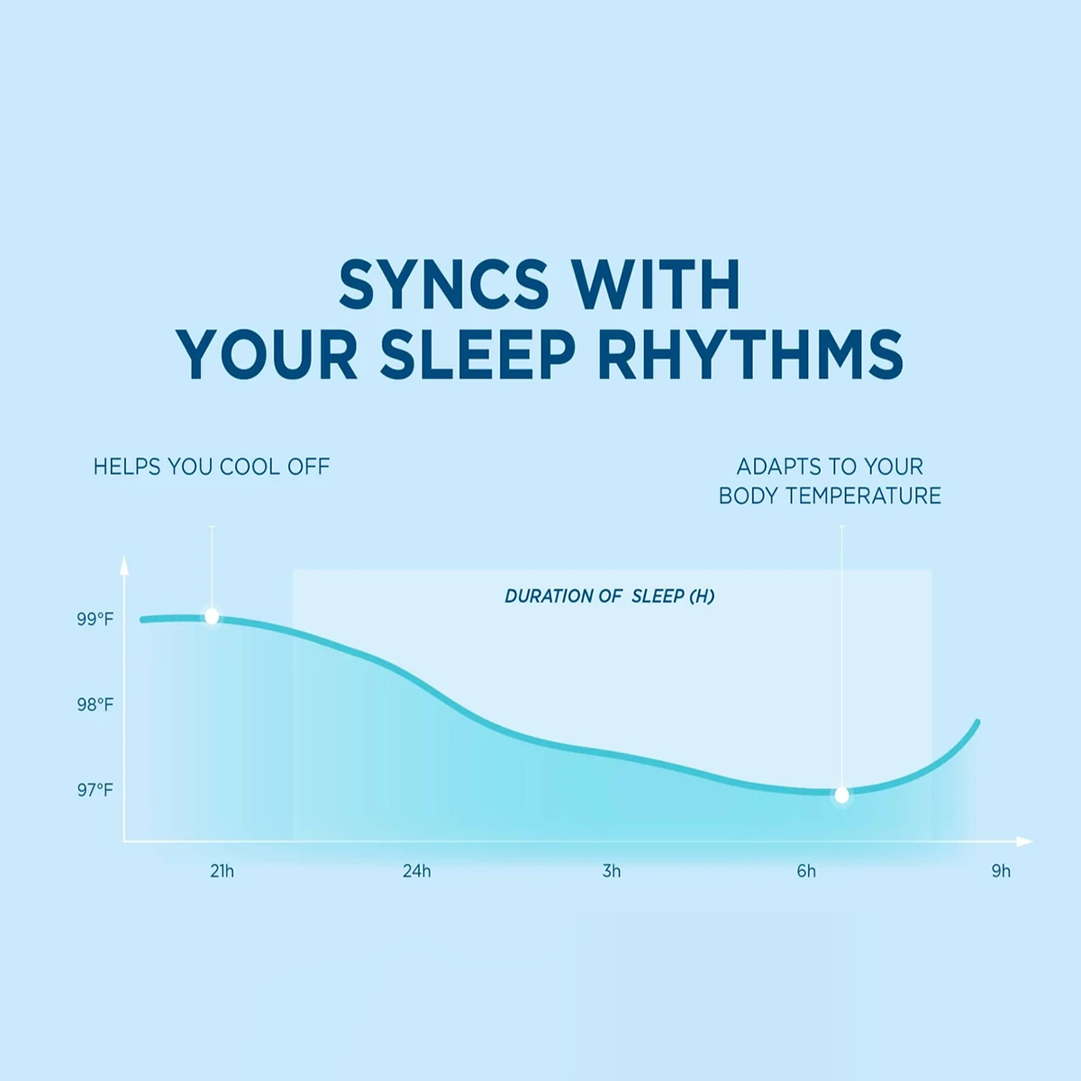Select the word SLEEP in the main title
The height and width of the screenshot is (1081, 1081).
(478, 355)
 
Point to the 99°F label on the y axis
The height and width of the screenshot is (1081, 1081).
(95, 619)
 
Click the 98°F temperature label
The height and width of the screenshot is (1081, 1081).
(95, 705)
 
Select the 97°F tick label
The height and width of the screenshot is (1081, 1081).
(95, 790)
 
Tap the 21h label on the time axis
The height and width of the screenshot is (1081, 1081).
(223, 871)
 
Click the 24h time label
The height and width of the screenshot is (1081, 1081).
(417, 871)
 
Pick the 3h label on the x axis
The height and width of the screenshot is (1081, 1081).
(612, 871)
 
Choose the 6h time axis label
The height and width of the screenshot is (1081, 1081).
(806, 871)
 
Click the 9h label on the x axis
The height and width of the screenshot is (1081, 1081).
(1001, 871)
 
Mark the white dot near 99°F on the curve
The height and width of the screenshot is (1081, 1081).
(212, 616)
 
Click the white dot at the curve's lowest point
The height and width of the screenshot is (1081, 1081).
(841, 795)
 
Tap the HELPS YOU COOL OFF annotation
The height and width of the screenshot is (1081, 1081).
(212, 467)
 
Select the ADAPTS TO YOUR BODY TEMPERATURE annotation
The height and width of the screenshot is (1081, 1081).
(830, 481)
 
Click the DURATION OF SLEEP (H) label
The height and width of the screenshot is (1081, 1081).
(610, 595)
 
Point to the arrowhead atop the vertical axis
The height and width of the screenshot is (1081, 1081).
(124, 564)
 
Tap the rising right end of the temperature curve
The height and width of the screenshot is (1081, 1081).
(977, 722)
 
